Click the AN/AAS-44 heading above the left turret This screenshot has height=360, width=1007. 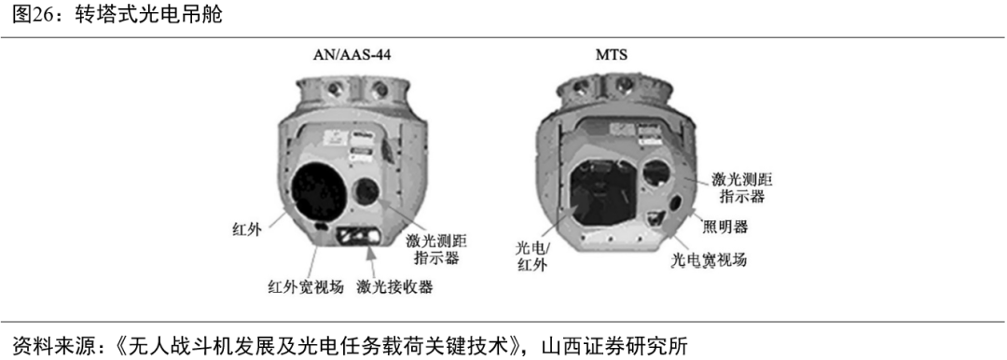click(352, 55)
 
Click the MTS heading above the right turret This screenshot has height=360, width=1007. click(612, 55)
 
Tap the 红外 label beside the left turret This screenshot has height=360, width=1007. click(246, 228)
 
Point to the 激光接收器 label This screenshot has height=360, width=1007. click(395, 286)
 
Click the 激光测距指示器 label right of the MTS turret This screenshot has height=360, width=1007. click(742, 187)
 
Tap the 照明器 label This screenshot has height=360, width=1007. click(724, 227)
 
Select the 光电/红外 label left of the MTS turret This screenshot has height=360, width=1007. click(533, 256)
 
